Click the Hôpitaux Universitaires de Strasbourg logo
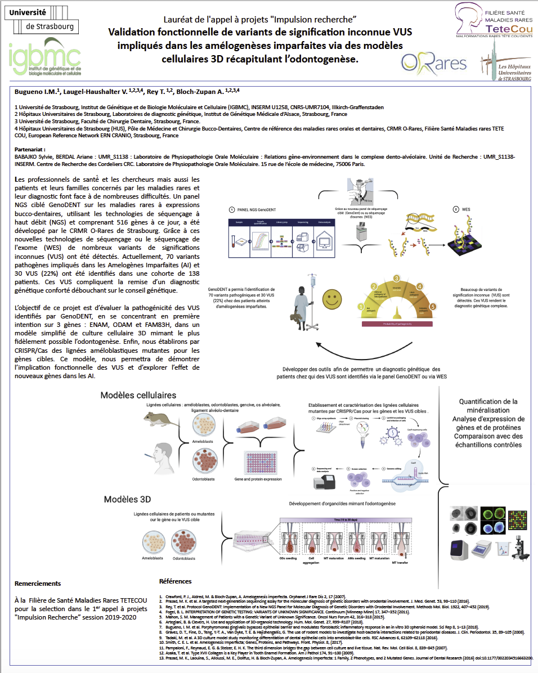point(504,66)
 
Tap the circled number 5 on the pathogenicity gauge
point(433,307)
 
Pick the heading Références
point(175,581)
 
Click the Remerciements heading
point(38,584)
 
